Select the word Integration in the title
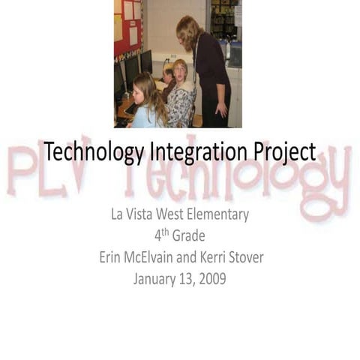click(x=197, y=152)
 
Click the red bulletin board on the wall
click(x=127, y=26)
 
